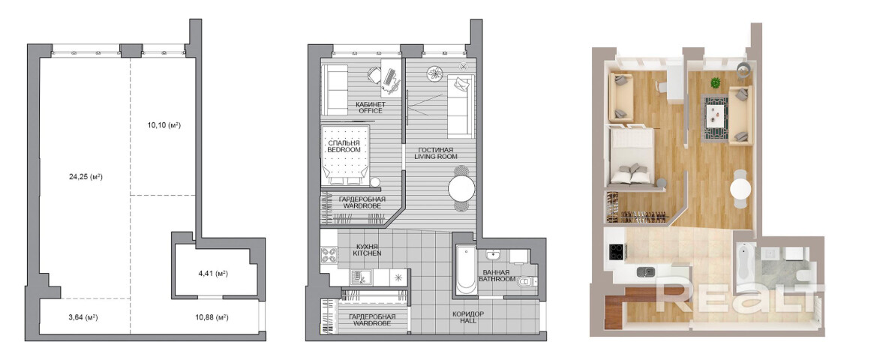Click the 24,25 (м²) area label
pyautogui.click(x=85, y=177)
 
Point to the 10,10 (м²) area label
pyautogui.click(x=164, y=125)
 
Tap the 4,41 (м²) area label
pyautogui.click(x=214, y=273)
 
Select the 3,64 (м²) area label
pyautogui.click(x=83, y=318)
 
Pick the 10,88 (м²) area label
pyautogui.click(x=212, y=318)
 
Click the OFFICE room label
pyautogui.click(x=370, y=110)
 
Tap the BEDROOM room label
pyautogui.click(x=344, y=150)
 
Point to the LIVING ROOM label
pyautogui.click(x=434, y=157)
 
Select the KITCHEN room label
pyautogui.click(x=367, y=253)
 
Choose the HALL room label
pyautogui.click(x=467, y=321)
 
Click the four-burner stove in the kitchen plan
pyautogui.click(x=329, y=255)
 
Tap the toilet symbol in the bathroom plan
pyautogui.click(x=525, y=283)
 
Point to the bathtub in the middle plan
pyautogui.click(x=464, y=271)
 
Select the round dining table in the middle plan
pyautogui.click(x=461, y=190)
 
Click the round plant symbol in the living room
pyautogui.click(x=435, y=73)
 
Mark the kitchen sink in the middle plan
pyautogui.click(x=359, y=277)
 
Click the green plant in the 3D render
pyautogui.click(x=715, y=82)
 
